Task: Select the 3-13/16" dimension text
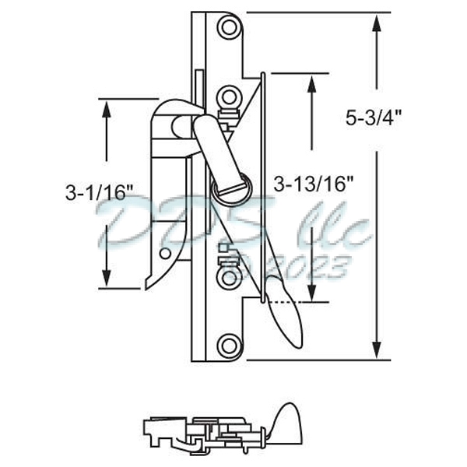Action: pos(314,184)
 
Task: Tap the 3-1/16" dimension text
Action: pos(100,192)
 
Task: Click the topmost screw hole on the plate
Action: pos(228,28)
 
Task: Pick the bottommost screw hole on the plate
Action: pos(228,345)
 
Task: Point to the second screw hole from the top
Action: pos(228,97)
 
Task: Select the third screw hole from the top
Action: pos(228,278)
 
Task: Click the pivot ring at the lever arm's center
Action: pos(230,187)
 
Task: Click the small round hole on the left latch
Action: pos(163,253)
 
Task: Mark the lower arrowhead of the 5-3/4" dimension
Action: pos(377,350)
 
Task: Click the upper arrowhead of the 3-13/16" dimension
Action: pos(312,84)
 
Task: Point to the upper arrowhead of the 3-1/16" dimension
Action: pos(106,109)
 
